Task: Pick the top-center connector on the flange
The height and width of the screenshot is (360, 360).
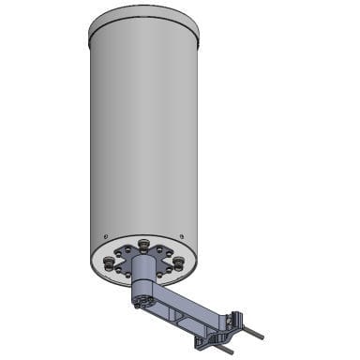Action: (143, 245)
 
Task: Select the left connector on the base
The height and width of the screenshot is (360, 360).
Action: (111, 263)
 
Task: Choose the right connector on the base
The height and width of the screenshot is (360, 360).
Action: (178, 263)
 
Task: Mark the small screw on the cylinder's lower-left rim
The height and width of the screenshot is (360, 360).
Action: (106, 236)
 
